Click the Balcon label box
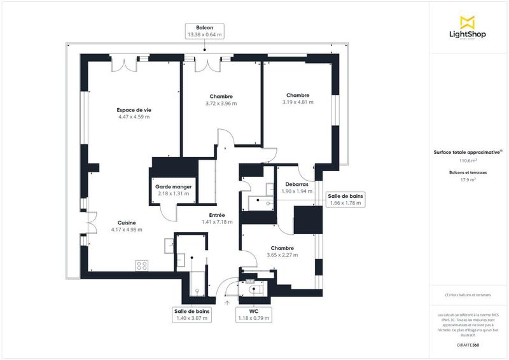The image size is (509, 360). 204,32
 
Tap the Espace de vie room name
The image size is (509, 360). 134,109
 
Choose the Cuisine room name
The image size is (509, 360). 126,223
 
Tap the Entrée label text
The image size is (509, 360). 216,215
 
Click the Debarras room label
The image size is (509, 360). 296,184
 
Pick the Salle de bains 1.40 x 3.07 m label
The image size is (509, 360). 192,314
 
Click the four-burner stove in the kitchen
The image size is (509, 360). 142,265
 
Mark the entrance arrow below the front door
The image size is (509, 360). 227,303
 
